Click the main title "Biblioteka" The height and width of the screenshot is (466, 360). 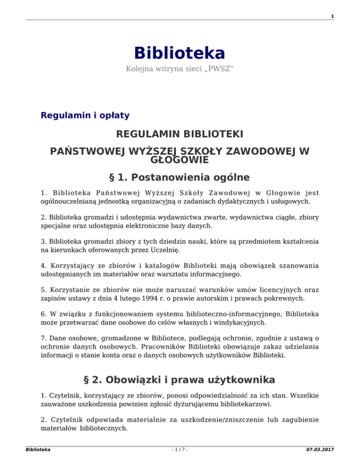coord(180,53)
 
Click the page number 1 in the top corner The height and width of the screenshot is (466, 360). coord(332,17)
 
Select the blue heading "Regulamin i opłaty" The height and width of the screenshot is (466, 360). coord(85,115)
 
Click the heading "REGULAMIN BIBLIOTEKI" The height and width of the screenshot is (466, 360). coord(180,135)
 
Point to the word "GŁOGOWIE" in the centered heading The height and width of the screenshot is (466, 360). coord(180,160)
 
